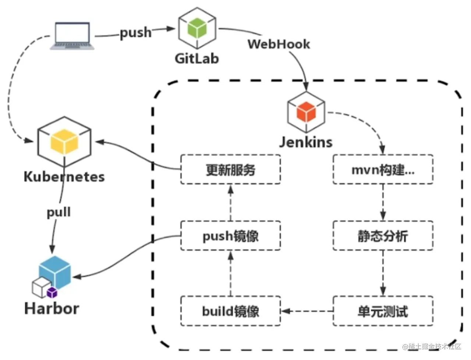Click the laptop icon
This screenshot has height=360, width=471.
click(72, 36)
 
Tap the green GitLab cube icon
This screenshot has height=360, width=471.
click(196, 29)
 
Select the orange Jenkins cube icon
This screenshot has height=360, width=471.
click(306, 112)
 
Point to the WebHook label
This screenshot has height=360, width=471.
click(279, 44)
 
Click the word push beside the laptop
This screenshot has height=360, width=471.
click(135, 33)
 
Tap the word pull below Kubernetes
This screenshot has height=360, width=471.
click(59, 213)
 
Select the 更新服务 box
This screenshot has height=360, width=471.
click(230, 170)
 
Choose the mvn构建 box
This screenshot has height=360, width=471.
click(383, 170)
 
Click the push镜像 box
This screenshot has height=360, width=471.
click(230, 236)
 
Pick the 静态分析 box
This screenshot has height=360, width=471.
click(383, 236)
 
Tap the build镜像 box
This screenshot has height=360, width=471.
click(230, 311)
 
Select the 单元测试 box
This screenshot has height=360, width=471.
click(383, 311)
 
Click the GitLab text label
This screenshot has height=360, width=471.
click(196, 58)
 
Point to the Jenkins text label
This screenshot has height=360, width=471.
click(306, 142)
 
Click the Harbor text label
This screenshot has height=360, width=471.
click(52, 308)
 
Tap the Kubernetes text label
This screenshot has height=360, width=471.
click(64, 177)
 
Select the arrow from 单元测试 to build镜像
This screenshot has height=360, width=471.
click(307, 311)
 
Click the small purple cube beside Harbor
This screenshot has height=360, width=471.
click(52, 293)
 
